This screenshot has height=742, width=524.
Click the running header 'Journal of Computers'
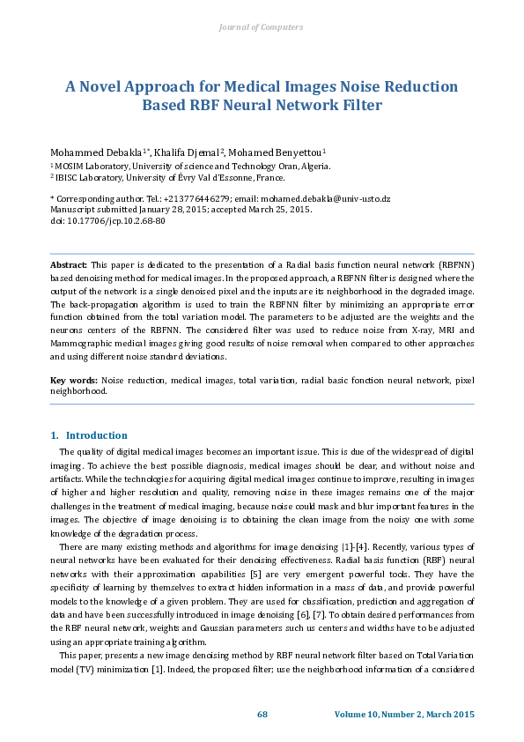click(261, 27)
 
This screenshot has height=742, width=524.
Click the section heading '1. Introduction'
click(88, 435)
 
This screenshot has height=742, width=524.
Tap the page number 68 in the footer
click(262, 714)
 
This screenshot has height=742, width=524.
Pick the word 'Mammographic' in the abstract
click(79, 344)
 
